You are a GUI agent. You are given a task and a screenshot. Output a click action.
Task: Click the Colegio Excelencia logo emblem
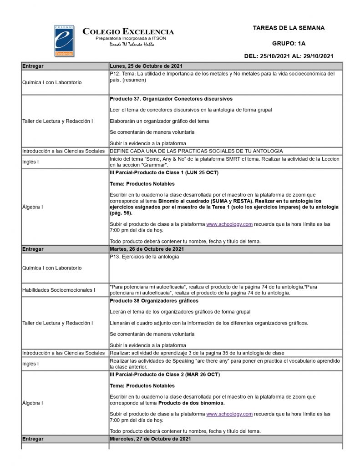pyautogui.click(x=64, y=41)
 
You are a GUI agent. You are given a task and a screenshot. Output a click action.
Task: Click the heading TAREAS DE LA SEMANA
pyautogui.click(x=289, y=28)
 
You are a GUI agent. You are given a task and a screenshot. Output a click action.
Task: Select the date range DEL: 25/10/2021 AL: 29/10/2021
pyautogui.click(x=289, y=56)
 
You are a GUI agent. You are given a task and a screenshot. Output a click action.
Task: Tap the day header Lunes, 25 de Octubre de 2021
pyautogui.click(x=146, y=66)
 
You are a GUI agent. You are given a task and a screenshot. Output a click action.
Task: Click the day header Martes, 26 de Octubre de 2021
pyautogui.click(x=147, y=249)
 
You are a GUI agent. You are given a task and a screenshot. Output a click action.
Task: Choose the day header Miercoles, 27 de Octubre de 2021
pyautogui.click(x=150, y=439)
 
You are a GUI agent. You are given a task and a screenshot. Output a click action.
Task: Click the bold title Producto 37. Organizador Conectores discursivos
pyautogui.click(x=171, y=99)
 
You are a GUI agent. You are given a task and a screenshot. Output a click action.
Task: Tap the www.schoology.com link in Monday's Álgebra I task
pyautogui.click(x=229, y=224)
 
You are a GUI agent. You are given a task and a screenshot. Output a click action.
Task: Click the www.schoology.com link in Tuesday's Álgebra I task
pyautogui.click(x=229, y=414)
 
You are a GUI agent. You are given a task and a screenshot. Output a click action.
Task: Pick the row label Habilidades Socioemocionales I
pyautogui.click(x=59, y=290)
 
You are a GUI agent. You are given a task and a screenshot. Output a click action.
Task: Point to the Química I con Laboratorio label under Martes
pyautogui.click(x=52, y=268)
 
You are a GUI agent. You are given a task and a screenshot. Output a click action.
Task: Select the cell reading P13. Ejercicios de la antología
pyautogui.click(x=145, y=257)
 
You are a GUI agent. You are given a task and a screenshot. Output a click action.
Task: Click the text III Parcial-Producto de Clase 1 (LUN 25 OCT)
pyautogui.click(x=164, y=173)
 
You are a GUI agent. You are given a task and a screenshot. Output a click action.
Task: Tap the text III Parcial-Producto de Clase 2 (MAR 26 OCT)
pyautogui.click(x=165, y=375)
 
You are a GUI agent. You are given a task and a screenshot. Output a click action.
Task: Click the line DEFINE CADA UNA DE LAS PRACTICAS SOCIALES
pyautogui.click(x=196, y=151)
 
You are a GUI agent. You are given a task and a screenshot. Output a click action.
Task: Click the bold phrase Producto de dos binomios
pyautogui.click(x=191, y=403)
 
